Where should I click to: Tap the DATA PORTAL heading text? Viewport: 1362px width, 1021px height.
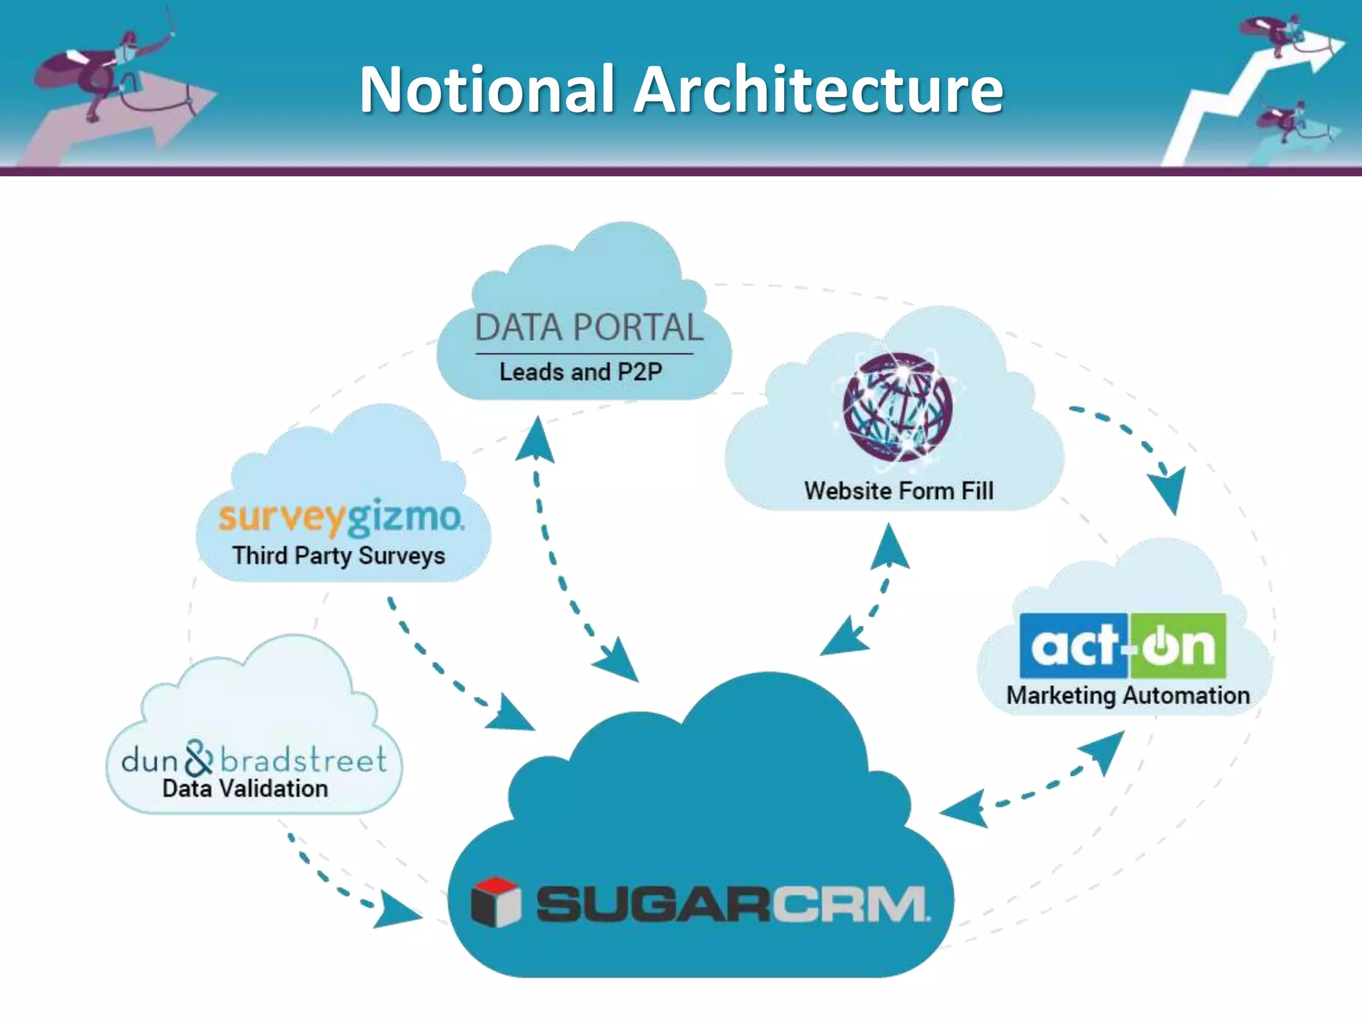tap(589, 328)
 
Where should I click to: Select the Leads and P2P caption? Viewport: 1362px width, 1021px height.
tap(581, 372)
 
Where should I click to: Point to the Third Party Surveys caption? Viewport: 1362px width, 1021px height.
tap(339, 555)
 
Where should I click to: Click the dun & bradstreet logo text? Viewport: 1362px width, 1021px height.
tap(254, 759)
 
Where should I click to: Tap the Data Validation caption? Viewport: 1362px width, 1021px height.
tap(245, 789)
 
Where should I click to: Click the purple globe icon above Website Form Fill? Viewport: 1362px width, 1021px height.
tap(897, 407)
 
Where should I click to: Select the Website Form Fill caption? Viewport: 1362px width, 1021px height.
tap(898, 491)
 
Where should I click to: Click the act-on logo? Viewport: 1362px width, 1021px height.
tap(1123, 645)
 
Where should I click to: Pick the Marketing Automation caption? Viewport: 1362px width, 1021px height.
tap(1128, 695)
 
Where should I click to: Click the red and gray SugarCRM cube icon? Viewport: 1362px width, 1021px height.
tap(495, 902)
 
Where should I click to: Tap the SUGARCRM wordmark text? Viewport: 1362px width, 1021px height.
tap(732, 904)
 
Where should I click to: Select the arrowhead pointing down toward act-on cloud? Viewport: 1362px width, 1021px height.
tap(1169, 489)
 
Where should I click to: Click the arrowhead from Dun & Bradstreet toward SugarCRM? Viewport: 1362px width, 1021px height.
tap(396, 911)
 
